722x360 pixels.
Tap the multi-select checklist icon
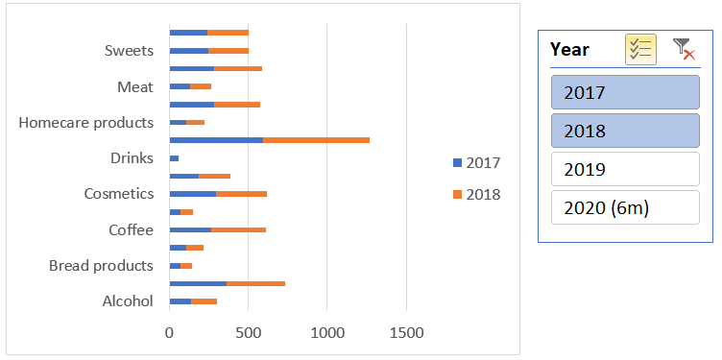point(640,49)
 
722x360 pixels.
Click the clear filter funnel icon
point(684,49)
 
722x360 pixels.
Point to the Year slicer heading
point(570,49)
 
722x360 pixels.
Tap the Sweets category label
point(129,51)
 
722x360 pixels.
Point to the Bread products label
point(101,265)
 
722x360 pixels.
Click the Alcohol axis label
point(128,301)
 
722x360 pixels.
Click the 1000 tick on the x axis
point(327,333)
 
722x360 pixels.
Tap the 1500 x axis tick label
point(406,333)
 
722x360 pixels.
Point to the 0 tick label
point(170,333)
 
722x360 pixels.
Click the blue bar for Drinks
point(174,158)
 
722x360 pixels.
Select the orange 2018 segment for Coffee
point(238,230)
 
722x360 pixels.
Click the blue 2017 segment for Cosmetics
point(192,194)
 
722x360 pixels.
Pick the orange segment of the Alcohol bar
point(204,301)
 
